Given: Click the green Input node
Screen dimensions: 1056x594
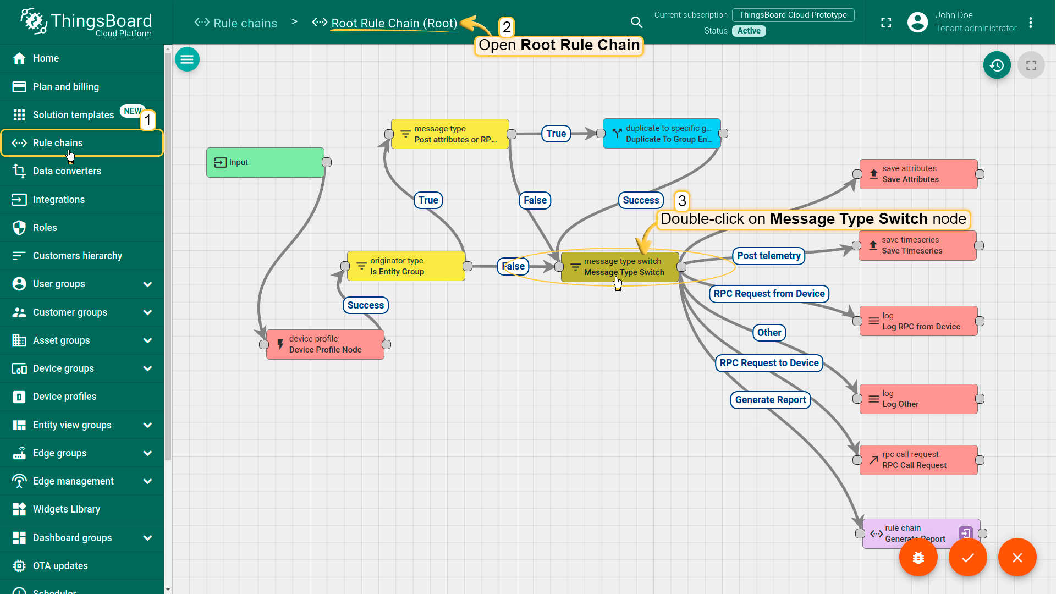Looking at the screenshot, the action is point(265,162).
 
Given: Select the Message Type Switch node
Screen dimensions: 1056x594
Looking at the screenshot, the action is point(620,267).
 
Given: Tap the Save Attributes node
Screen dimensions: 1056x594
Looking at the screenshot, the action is point(919,174).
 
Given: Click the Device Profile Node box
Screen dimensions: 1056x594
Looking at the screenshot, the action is point(325,344).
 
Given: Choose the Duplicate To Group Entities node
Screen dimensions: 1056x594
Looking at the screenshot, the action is point(662,134).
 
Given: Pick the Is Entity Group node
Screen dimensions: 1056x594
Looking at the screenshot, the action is point(406,266).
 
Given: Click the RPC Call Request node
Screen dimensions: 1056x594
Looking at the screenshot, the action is point(919,460).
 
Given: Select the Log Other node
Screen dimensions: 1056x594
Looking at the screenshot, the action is point(919,399).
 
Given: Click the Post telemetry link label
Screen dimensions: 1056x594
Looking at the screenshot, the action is point(769,256).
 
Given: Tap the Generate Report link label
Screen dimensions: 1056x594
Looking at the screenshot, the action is point(771,400).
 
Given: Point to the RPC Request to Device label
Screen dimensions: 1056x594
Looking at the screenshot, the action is point(769,363).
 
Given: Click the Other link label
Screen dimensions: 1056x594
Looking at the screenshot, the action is point(769,333).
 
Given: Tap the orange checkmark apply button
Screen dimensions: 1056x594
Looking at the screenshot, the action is point(968,558).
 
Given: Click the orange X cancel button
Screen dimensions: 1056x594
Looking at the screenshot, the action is point(1018,558).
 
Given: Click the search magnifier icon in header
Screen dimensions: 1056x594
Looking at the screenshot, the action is point(636,22).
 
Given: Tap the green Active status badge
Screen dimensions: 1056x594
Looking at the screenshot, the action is point(749,31).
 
